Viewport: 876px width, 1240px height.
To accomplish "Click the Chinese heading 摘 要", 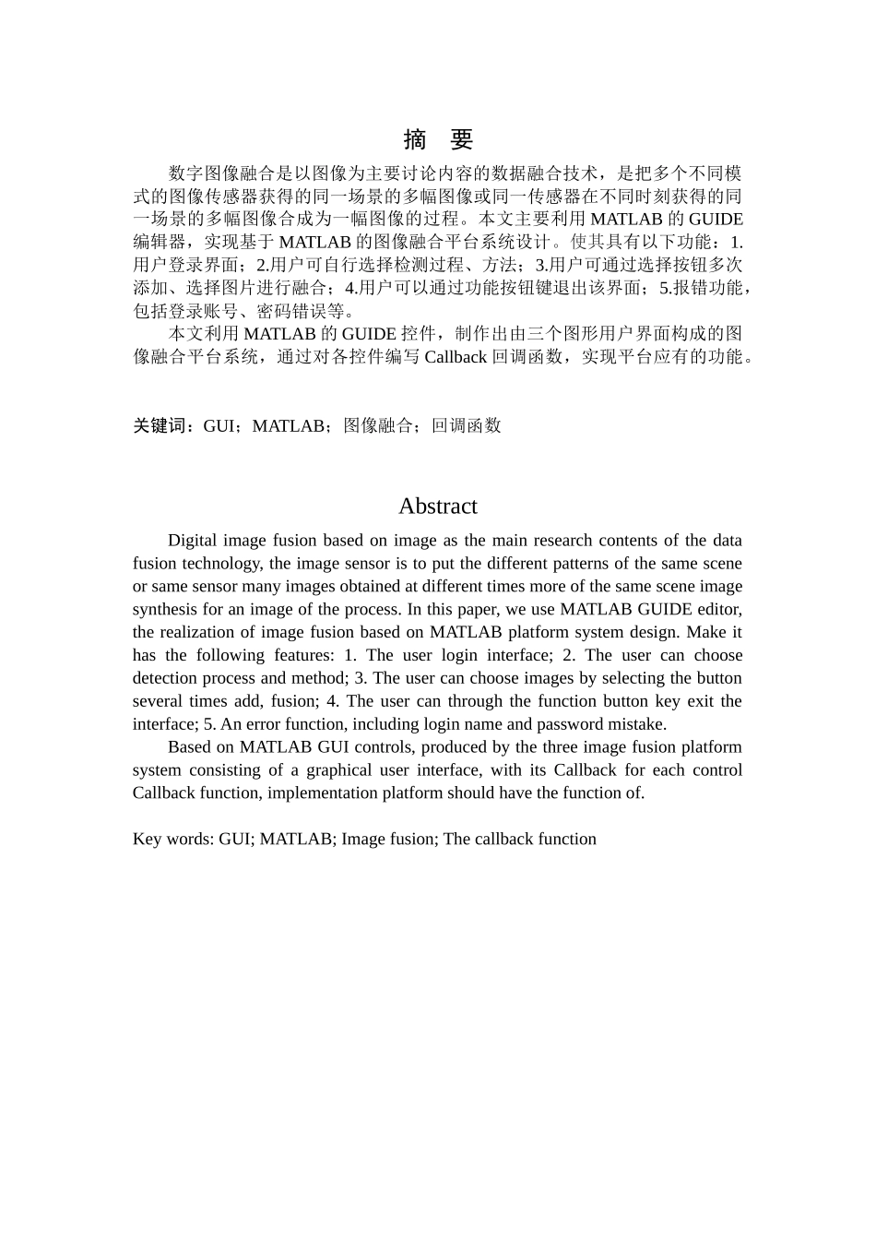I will [x=438, y=140].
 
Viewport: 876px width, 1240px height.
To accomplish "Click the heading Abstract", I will [x=437, y=507].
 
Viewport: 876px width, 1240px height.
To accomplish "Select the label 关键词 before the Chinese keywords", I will [x=160, y=426].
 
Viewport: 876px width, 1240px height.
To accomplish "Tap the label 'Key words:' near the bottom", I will [x=172, y=840].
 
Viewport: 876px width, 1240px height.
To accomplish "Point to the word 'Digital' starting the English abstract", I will [x=193, y=541].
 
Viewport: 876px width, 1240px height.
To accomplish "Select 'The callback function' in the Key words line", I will [x=520, y=840].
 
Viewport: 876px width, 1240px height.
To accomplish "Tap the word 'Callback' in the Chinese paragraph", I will [x=456, y=357].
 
